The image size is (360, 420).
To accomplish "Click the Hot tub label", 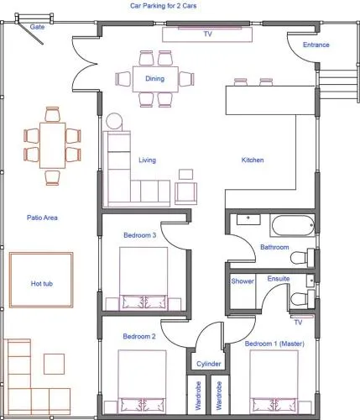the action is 42,284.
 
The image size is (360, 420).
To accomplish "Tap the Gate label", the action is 37,27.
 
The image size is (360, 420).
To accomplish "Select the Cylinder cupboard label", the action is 209,364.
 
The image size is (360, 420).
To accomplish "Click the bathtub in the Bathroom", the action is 293,226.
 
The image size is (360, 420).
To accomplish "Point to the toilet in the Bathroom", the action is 303,258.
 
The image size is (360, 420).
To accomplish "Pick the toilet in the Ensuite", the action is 303,299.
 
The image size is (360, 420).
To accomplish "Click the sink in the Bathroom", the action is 248,219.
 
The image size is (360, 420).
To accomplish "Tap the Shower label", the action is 243,281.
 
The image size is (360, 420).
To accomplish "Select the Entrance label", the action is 316,45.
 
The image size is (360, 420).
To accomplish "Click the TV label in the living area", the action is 207,34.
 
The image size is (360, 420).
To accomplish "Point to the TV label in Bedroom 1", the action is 298,323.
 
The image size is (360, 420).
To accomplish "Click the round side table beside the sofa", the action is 114,121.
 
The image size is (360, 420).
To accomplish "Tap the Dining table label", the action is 155,79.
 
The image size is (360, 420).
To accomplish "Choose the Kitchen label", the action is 253,160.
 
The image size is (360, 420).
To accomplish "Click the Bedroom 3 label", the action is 140,235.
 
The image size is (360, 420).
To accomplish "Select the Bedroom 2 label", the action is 139,336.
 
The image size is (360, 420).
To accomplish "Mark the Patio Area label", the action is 42,218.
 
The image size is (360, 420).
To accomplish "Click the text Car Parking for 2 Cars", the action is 164,6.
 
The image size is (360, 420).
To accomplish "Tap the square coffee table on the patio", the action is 55,364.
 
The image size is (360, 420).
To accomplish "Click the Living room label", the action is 148,160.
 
